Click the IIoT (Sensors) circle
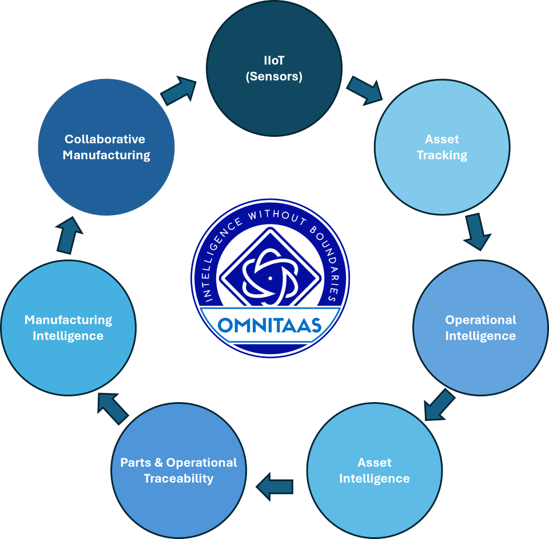point(274,68)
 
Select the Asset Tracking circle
point(441,147)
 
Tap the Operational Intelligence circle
point(480,328)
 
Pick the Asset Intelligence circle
point(375,470)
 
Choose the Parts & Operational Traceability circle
point(178,470)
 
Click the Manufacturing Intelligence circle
point(68,328)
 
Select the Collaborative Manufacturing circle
point(106,147)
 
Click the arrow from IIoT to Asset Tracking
point(364,91)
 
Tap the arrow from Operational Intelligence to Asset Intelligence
point(439,405)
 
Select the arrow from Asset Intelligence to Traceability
point(275,487)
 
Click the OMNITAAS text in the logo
point(270,325)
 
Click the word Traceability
point(178,478)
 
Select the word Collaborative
point(105,139)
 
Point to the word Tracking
point(442,155)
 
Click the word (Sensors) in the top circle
point(274,76)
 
